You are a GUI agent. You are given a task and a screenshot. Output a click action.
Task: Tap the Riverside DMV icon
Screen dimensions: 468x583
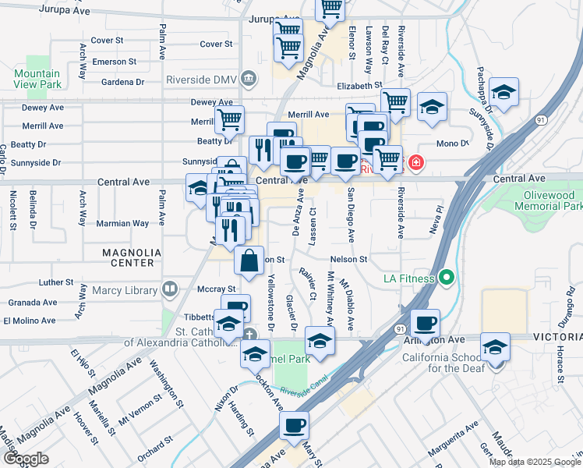[x=249, y=79]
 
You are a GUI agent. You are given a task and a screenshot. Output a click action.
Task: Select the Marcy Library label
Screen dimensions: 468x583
[x=129, y=291]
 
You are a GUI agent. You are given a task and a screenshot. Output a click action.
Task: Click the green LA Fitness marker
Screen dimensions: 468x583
[x=446, y=278]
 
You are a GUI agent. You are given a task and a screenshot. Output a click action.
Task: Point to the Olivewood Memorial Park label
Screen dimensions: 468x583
[x=552, y=200]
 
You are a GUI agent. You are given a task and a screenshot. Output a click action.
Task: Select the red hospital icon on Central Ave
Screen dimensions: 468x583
[x=417, y=163]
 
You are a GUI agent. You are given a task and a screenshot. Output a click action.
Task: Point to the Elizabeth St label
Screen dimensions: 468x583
[x=359, y=86]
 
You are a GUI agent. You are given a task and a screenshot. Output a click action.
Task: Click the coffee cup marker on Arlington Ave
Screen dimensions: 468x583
[x=425, y=323]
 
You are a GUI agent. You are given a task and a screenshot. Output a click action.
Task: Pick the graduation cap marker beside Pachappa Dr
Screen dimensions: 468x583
[x=503, y=92]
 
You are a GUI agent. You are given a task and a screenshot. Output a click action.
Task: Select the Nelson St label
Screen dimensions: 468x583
[x=348, y=259]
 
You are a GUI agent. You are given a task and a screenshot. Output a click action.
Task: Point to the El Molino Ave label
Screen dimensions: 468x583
[x=30, y=320]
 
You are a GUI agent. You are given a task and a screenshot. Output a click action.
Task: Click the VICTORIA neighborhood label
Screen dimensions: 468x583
[x=556, y=337]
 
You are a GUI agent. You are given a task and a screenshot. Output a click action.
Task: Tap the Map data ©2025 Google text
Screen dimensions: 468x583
[x=535, y=462]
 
